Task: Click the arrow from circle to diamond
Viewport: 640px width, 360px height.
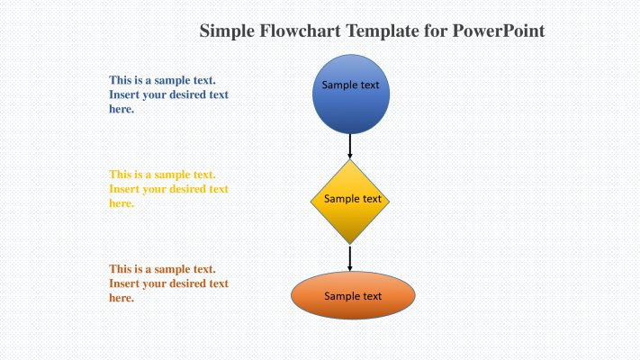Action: (x=350, y=144)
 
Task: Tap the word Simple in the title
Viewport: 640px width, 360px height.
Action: (x=226, y=31)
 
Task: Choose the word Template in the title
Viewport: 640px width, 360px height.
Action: (x=380, y=31)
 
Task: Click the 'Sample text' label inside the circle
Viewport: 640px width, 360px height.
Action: (x=351, y=85)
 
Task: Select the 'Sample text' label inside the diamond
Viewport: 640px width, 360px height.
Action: (x=352, y=199)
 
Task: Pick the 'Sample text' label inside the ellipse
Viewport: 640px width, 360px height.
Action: (x=353, y=296)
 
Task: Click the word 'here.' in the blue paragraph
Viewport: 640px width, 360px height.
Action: (x=122, y=109)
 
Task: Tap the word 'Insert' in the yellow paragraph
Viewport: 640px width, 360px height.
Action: (x=125, y=189)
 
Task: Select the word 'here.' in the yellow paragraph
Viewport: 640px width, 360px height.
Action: (x=122, y=203)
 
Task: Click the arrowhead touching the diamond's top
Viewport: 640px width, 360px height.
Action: (x=350, y=157)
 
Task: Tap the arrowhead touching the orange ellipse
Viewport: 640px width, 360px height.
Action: (x=350, y=268)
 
